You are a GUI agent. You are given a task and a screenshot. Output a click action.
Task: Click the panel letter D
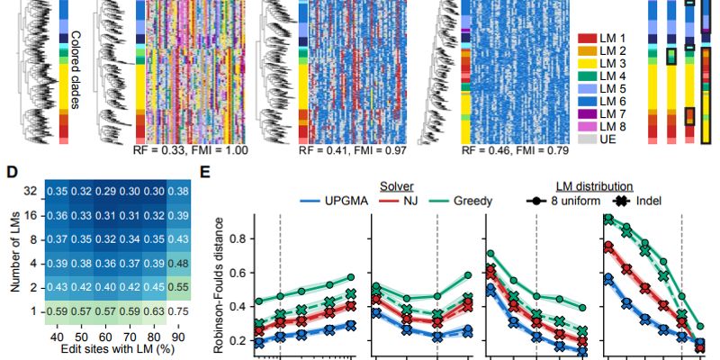point(11,172)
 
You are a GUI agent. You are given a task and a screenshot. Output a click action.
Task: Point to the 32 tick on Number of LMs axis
point(31,192)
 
